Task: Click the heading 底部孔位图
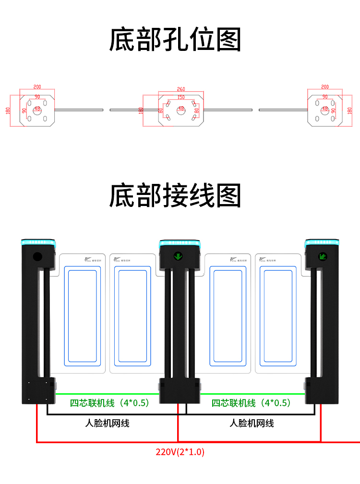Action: [x=175, y=40]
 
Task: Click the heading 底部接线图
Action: [x=175, y=195]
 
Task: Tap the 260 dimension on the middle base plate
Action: [x=180, y=89]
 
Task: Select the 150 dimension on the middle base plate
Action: [x=180, y=97]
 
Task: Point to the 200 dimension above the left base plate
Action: [x=37, y=87]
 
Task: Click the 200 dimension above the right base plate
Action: [x=325, y=87]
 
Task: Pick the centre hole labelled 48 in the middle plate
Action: [x=180, y=109]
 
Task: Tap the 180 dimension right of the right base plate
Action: [x=349, y=110]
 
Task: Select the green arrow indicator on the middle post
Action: [x=178, y=256]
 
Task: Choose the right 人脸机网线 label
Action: [x=252, y=423]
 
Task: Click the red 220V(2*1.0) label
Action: [x=180, y=452]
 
